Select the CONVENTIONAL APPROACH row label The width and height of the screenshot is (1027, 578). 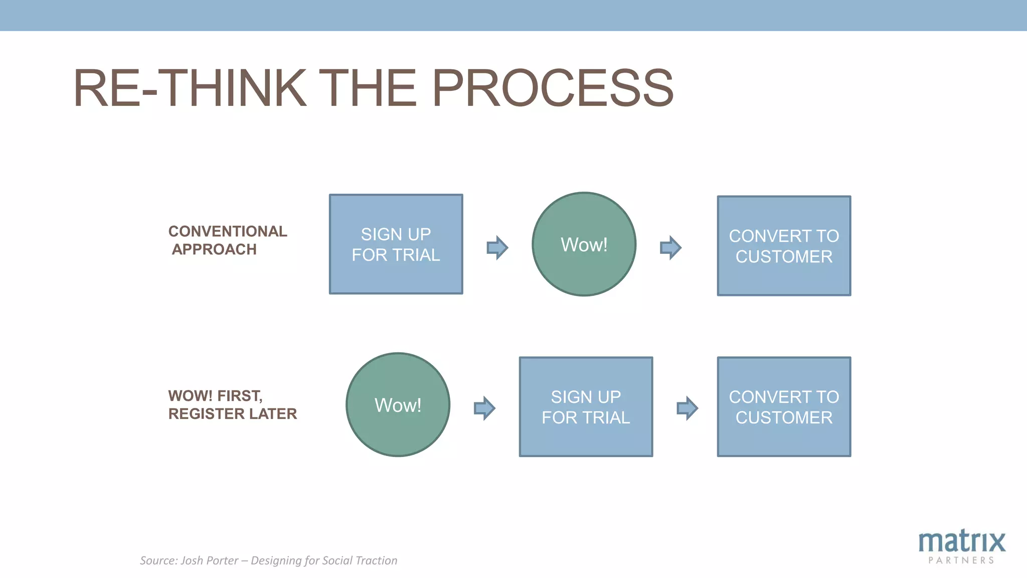[227, 240]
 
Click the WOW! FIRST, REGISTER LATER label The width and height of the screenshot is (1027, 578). [232, 404]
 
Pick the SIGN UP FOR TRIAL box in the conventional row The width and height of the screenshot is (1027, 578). [396, 244]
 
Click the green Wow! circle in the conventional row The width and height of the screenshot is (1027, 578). [584, 244]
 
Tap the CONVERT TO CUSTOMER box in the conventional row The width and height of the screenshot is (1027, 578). [784, 246]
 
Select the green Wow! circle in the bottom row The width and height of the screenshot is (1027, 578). [398, 405]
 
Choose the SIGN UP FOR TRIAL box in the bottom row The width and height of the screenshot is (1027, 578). [586, 407]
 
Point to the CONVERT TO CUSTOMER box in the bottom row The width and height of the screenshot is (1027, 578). [784, 407]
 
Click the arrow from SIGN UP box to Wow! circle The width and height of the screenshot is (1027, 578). [497, 247]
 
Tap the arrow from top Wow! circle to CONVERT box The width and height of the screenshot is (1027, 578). [670, 247]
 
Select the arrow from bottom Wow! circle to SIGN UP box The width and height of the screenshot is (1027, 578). [484, 408]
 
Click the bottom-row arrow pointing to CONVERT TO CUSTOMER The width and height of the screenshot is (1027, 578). [687, 408]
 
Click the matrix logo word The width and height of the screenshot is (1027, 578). [961, 541]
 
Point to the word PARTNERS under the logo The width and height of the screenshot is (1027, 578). [961, 560]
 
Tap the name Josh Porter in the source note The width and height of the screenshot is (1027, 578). [209, 560]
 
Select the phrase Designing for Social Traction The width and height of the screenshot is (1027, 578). [323, 560]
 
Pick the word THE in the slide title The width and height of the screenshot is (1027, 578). [368, 88]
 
